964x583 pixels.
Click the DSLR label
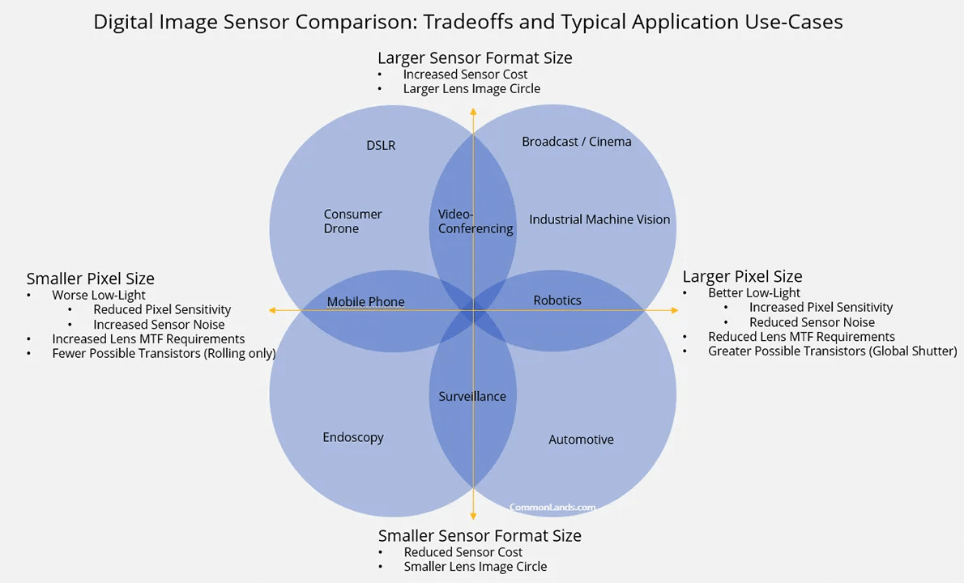pos(381,146)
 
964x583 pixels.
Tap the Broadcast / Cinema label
pos(576,142)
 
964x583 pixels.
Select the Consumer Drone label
pos(352,221)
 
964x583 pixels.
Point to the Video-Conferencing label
pos(476,221)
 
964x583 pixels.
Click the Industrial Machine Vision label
pos(599,219)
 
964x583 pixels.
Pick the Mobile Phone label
pos(365,302)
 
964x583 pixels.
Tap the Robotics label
pos(557,300)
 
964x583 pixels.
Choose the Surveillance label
pos(472,397)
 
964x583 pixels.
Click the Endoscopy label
pos(353,437)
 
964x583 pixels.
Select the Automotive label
pos(581,440)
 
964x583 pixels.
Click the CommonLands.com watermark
pos(552,508)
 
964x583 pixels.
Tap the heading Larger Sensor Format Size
pos(475,58)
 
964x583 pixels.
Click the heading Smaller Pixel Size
pos(90,279)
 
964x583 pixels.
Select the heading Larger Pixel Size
pos(742,277)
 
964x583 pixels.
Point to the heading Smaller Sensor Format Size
pos(480,536)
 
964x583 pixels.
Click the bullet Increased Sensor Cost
pos(465,74)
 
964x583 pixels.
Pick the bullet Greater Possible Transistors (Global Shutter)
pos(832,351)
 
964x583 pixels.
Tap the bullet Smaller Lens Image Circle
pos(475,567)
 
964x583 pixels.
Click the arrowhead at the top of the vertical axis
pos(473,110)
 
